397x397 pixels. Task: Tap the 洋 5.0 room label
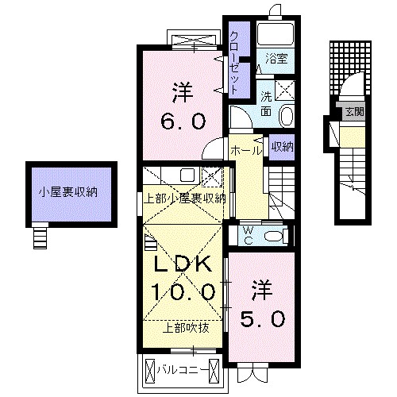pos(261,302)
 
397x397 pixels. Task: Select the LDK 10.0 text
pos(183,278)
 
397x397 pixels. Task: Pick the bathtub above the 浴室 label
pos(276,34)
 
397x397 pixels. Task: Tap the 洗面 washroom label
pos(268,102)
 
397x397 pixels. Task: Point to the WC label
pos(246,235)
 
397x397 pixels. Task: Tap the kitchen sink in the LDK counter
pos(187,175)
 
